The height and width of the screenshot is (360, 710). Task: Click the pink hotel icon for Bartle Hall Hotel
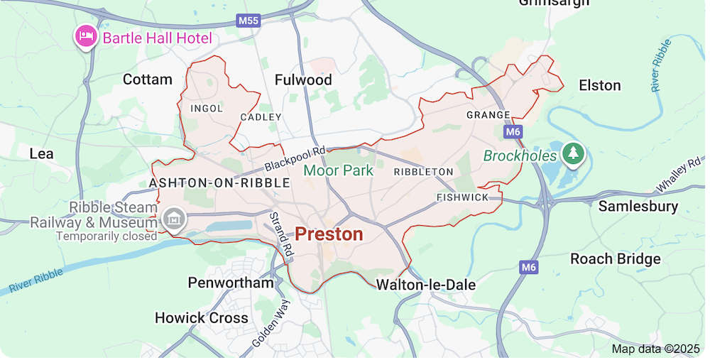86,36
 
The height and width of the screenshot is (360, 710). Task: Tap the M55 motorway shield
248,21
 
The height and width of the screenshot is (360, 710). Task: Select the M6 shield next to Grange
513,132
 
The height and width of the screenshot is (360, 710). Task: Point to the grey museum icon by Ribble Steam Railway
173,219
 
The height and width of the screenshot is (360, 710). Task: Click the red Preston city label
329,234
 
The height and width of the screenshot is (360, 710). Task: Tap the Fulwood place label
303,80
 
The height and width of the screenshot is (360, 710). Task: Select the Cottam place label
148,80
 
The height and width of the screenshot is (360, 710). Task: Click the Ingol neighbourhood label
207,109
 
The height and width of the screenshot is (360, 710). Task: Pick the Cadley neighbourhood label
261,117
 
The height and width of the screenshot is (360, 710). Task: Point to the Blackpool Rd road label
295,158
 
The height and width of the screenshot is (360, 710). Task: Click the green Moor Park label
338,171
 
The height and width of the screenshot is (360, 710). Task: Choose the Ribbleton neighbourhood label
423,172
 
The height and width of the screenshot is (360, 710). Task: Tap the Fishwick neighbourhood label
462,197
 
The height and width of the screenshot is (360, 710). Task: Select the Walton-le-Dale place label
425,285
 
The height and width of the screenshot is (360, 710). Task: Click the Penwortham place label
231,283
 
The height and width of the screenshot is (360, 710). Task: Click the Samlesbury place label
638,207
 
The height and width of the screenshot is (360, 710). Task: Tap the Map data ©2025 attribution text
655,349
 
